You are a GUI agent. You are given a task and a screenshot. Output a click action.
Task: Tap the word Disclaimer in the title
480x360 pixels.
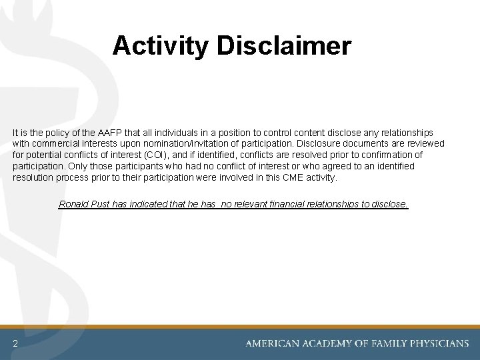coord(283,46)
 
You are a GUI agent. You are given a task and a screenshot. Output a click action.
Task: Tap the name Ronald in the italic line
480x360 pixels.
coord(74,204)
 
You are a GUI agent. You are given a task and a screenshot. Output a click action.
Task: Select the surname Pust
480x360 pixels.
coord(101,204)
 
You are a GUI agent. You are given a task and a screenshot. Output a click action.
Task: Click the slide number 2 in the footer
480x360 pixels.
coord(15,344)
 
